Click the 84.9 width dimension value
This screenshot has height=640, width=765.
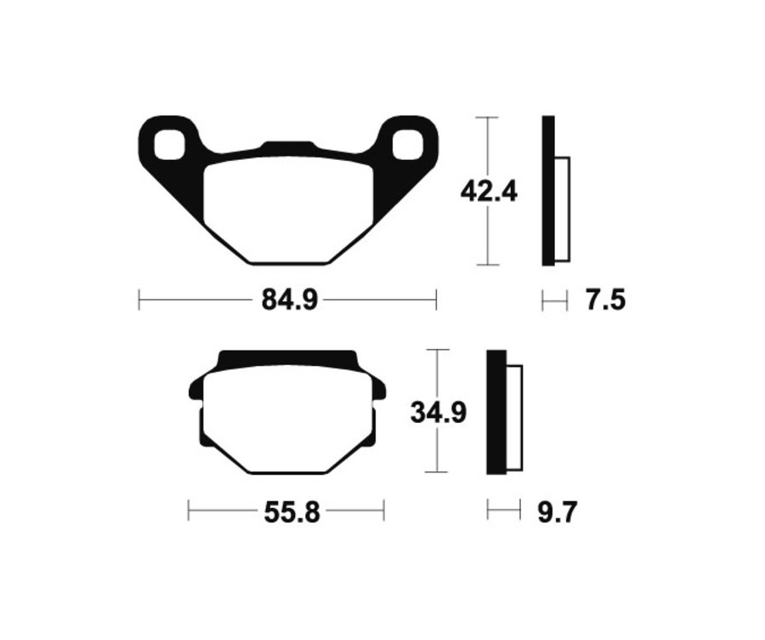click(x=289, y=300)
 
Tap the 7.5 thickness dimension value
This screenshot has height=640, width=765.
click(x=605, y=300)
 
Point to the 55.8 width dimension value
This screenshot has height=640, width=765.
click(x=292, y=512)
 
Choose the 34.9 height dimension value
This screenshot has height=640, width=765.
click(x=439, y=412)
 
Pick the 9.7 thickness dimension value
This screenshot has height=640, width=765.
click(x=557, y=512)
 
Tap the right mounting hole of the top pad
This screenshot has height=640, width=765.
click(x=408, y=144)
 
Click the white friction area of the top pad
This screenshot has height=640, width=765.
click(x=289, y=210)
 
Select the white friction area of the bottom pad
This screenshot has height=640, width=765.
click(x=287, y=420)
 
